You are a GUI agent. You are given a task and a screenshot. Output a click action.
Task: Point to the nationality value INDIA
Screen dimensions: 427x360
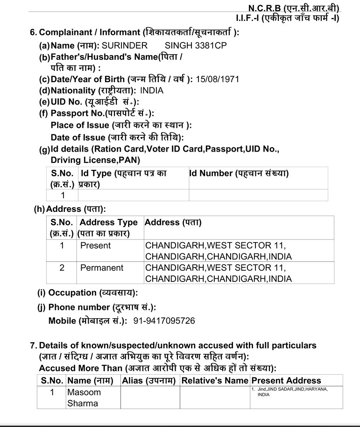152,91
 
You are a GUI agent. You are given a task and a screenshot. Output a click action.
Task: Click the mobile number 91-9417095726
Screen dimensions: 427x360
164,321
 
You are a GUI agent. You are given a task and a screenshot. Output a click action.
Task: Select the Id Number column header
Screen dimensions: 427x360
239,174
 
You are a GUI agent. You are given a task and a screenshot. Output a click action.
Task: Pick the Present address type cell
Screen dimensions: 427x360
95,245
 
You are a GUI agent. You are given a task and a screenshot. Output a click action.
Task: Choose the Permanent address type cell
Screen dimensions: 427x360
102,268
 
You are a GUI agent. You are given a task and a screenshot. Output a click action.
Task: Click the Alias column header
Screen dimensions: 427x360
148,380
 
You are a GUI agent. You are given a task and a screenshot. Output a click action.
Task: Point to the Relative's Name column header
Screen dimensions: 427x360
215,380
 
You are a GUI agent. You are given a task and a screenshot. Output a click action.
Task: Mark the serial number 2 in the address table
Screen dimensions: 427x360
62,268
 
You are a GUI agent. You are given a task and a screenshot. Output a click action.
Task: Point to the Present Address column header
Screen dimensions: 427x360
286,380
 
